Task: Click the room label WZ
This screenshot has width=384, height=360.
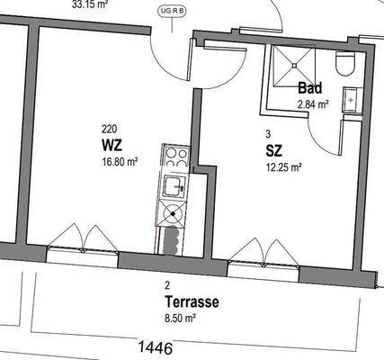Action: (112, 145)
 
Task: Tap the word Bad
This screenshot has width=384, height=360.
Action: (310, 88)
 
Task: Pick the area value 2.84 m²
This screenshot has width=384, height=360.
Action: (313, 103)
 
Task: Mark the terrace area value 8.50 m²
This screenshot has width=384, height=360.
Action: (179, 318)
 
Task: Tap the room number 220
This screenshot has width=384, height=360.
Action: (109, 129)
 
